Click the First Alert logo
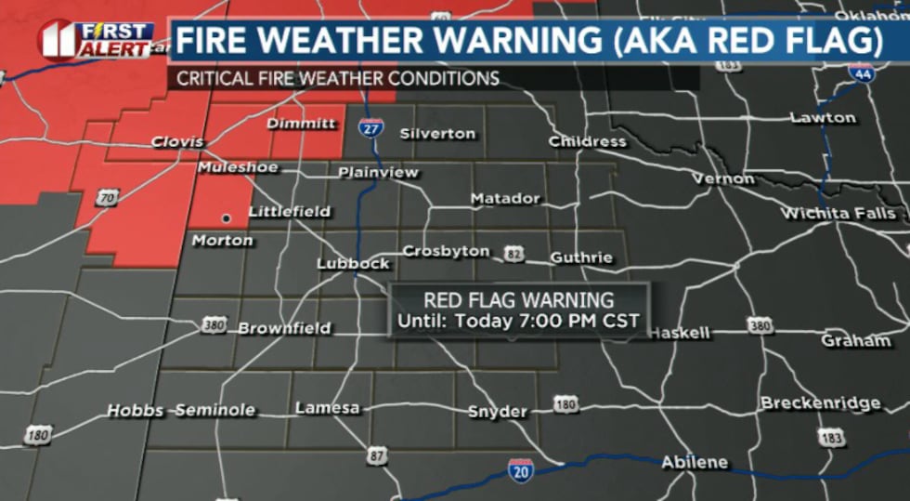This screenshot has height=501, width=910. click(97, 39)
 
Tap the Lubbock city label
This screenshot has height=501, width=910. click(353, 264)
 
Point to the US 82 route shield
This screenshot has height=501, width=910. click(513, 254)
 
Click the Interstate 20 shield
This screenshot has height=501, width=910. click(521, 470)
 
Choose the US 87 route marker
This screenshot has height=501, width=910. click(376, 455)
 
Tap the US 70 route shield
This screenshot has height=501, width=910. click(108, 197)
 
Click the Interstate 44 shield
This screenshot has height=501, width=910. click(864, 73)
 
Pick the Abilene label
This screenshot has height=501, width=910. click(694, 462)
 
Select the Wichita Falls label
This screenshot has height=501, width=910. click(838, 214)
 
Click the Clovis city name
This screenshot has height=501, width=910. click(177, 142)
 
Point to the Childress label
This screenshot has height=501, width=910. click(587, 141)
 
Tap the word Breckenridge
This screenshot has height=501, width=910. click(820, 403)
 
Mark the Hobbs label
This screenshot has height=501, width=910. click(135, 410)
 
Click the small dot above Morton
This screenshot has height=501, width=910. click(225, 218)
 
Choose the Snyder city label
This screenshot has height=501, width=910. click(498, 412)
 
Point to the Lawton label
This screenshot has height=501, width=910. click(823, 118)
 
